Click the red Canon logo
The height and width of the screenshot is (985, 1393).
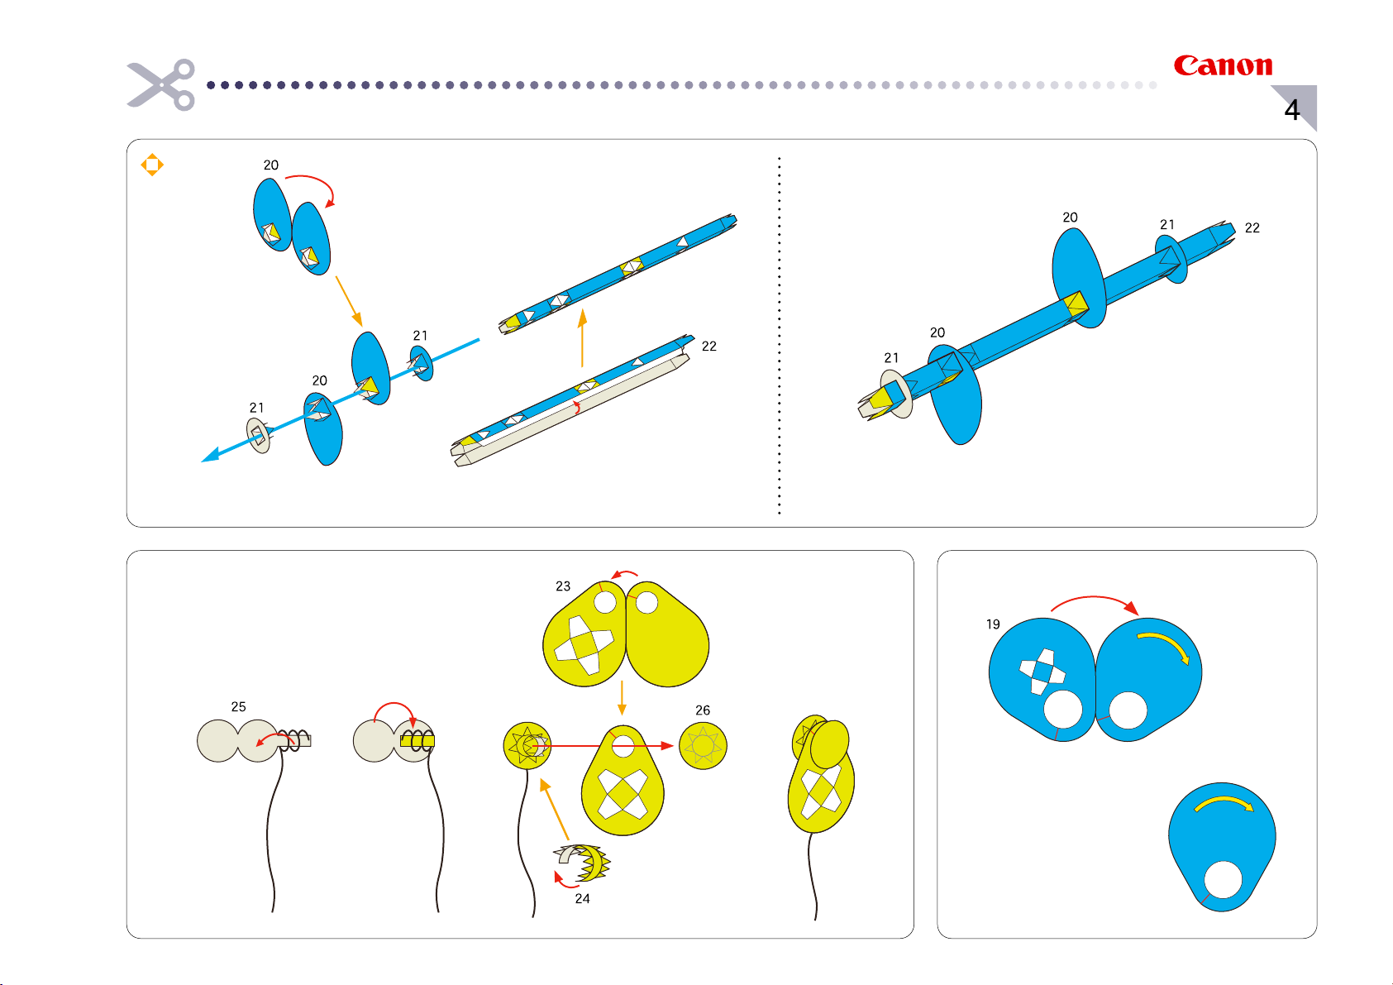[1223, 65]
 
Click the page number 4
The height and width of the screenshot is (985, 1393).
[1291, 110]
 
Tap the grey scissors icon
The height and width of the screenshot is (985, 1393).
[161, 84]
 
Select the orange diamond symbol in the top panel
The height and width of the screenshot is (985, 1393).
[152, 165]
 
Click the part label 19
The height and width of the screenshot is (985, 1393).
[993, 624]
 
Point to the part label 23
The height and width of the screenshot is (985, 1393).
[563, 586]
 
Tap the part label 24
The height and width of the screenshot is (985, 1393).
[582, 898]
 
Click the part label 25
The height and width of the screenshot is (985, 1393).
[238, 707]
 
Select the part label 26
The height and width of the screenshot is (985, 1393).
[702, 710]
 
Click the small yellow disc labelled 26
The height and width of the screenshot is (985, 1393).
[703, 745]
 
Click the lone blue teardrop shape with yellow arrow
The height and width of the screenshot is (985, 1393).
[1222, 847]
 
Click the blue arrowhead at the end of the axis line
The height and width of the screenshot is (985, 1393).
[211, 455]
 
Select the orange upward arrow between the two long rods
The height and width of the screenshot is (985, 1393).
[582, 338]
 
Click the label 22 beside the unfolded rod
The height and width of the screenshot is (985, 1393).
[709, 347]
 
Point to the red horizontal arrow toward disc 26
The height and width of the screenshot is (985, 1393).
[603, 745]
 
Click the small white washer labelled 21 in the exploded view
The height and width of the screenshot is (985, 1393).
[259, 435]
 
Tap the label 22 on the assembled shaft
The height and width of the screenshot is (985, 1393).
[1252, 228]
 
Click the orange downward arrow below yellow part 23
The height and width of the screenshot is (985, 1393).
[622, 697]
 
